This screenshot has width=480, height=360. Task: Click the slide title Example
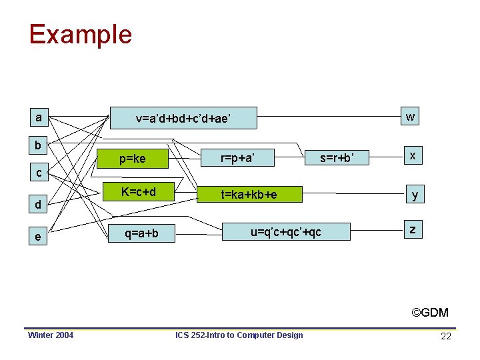tap(80, 35)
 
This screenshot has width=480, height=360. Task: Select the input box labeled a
tap(39, 118)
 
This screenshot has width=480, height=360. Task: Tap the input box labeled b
tap(39, 145)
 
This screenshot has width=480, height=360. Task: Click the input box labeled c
tap(39, 173)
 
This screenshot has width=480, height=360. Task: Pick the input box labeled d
tap(39, 205)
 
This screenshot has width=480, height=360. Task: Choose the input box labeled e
tap(39, 237)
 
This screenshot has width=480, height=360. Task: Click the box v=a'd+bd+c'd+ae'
tap(183, 119)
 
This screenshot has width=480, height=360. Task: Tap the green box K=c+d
tap(138, 193)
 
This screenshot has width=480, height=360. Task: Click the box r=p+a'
tap(238, 158)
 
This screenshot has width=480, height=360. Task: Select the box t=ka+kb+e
tap(249, 194)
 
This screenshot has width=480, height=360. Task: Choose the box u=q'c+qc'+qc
tap(285, 231)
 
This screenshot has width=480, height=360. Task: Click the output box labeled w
tap(411, 117)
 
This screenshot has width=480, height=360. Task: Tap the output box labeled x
tap(413, 155)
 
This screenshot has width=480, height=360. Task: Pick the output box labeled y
tap(415, 194)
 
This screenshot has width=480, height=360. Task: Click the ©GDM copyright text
tap(429, 312)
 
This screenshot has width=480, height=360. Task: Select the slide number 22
tap(446, 336)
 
